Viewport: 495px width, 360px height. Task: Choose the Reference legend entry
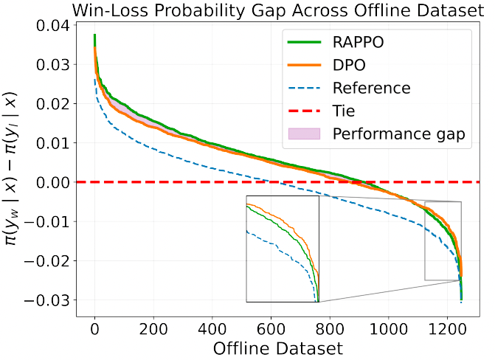tap(371, 88)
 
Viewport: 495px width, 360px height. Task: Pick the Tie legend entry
tap(343, 111)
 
